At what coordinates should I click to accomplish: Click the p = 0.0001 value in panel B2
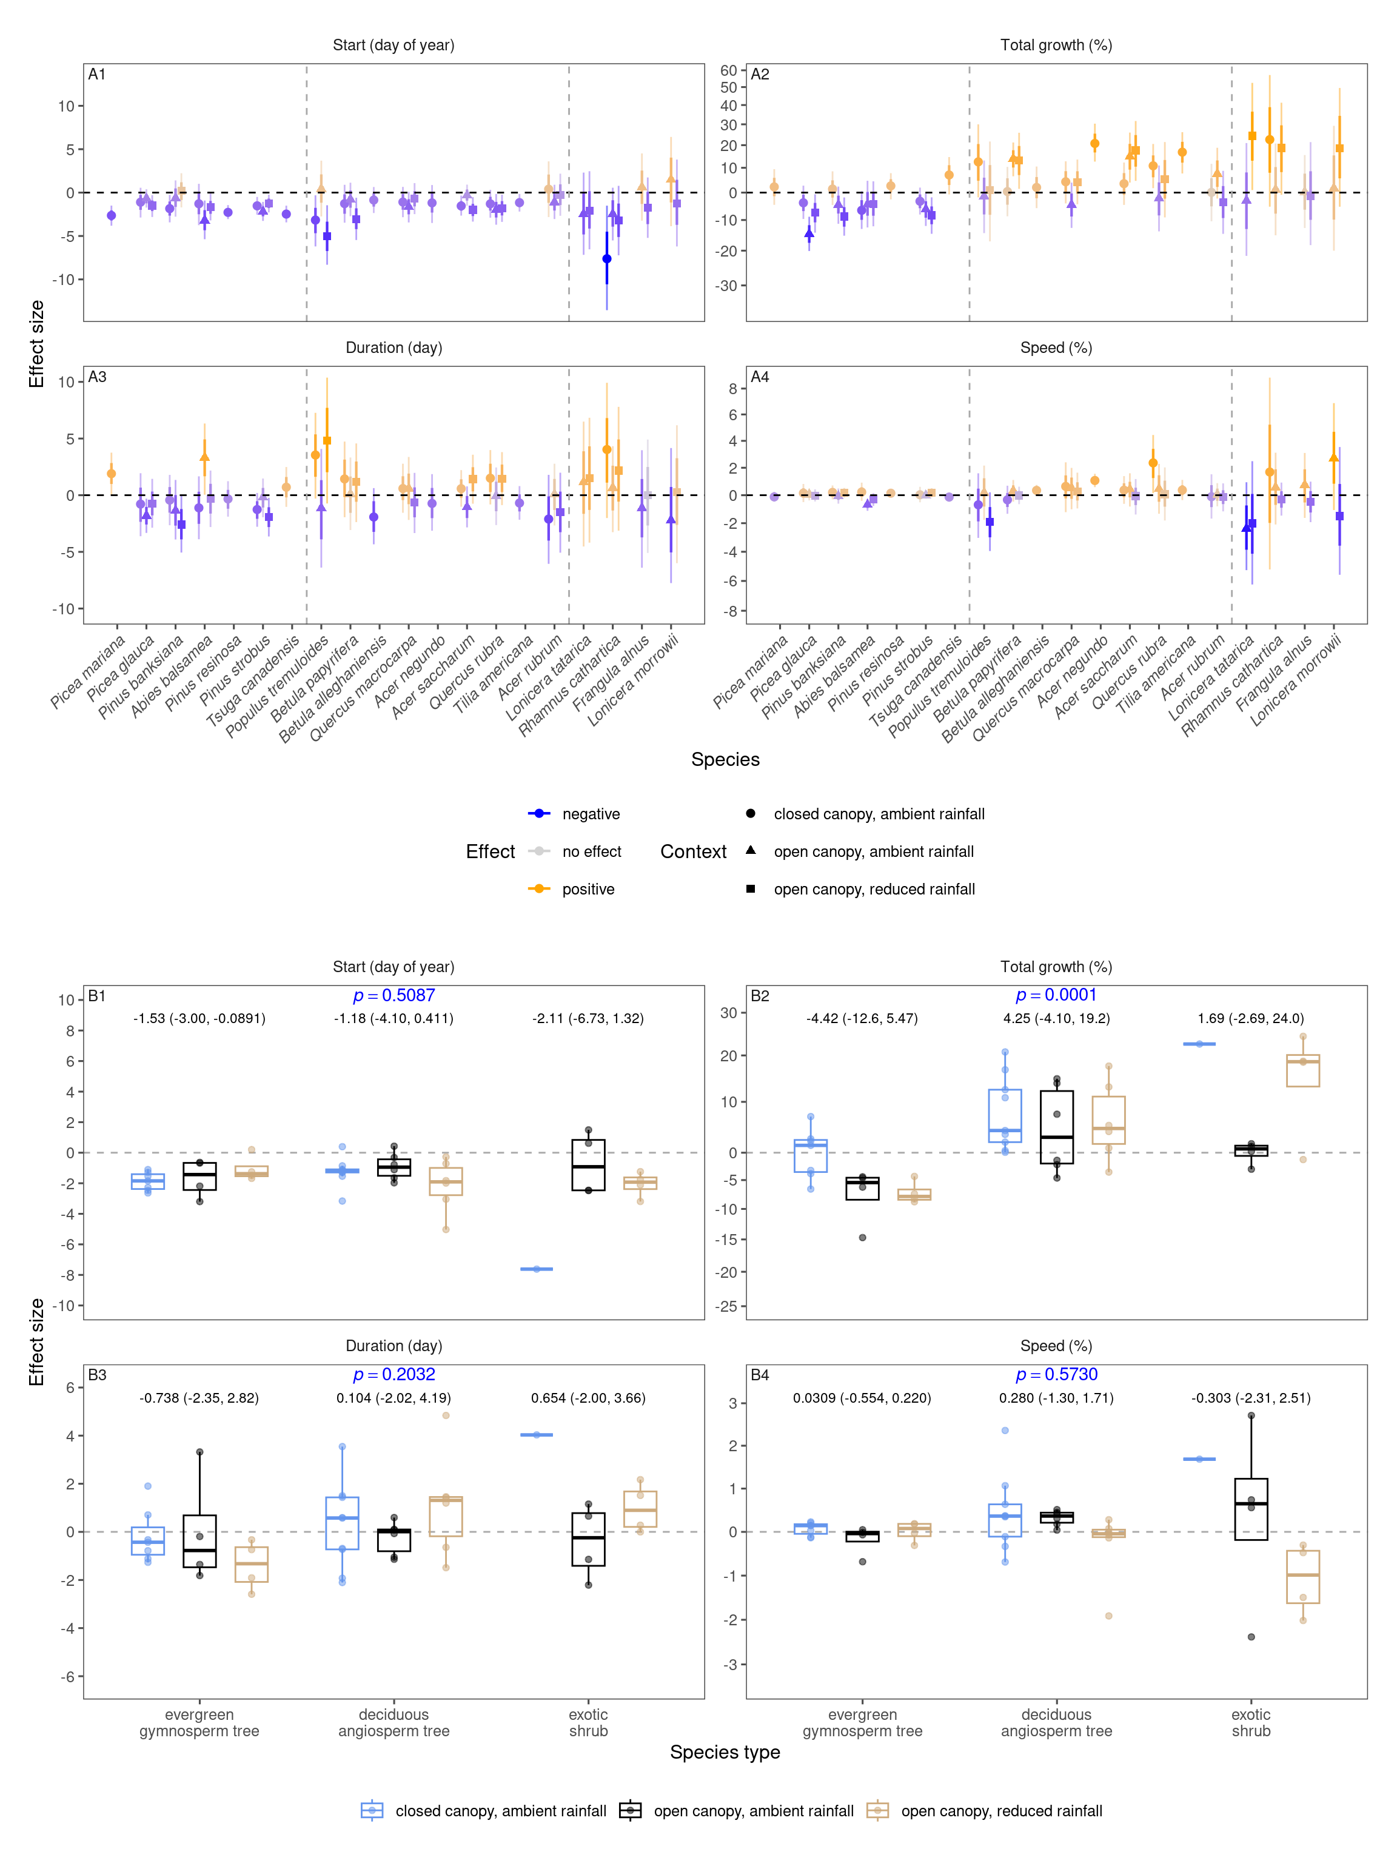click(x=1056, y=995)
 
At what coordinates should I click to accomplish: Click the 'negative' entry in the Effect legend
click(x=591, y=814)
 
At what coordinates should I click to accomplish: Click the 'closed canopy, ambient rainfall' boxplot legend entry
click(x=500, y=1811)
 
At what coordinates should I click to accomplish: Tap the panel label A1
click(x=97, y=74)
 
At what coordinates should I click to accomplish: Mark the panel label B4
click(x=760, y=1375)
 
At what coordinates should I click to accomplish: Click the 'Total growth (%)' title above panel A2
click(x=1056, y=45)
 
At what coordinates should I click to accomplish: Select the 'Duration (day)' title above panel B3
click(x=394, y=1346)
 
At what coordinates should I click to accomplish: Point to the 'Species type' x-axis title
click(x=725, y=1752)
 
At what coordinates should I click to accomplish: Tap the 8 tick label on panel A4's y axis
click(x=732, y=388)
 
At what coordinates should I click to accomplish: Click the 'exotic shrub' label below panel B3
click(x=588, y=1722)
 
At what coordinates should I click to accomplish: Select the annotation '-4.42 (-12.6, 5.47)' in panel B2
click(x=862, y=1018)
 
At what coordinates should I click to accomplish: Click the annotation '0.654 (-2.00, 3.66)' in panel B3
click(x=588, y=1398)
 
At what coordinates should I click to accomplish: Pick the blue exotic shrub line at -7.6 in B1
click(x=537, y=1269)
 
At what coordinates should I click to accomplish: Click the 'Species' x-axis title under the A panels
click(x=725, y=760)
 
